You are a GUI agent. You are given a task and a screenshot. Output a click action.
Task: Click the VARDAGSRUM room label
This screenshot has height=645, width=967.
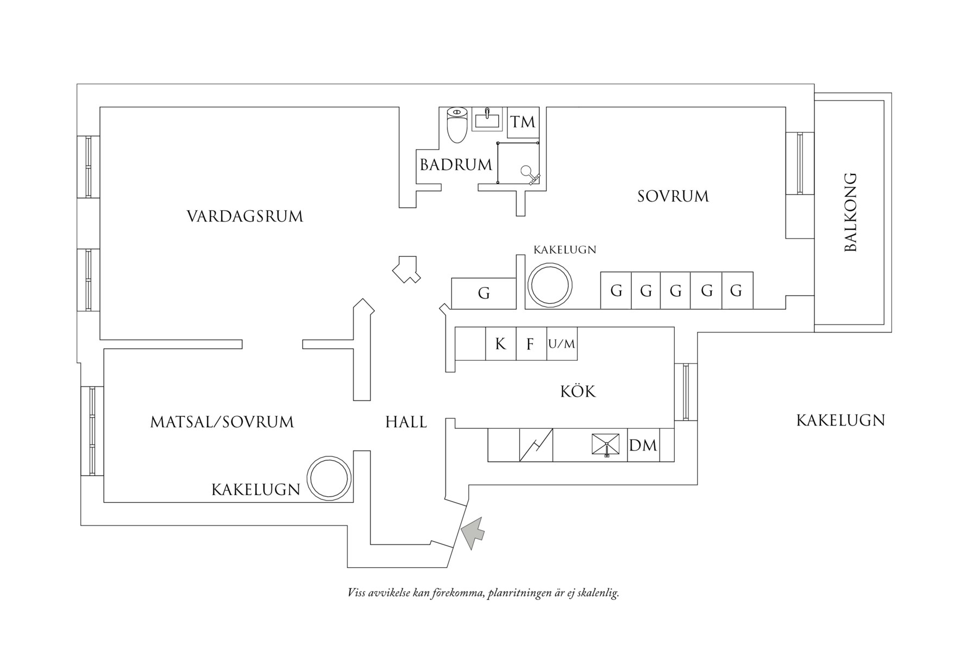244,216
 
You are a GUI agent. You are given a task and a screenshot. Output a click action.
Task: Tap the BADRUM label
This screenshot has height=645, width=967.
456,165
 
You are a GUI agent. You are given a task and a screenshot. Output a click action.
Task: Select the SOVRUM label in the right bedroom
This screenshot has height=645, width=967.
673,196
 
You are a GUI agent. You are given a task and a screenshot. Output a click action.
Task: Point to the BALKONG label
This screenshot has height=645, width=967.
851,212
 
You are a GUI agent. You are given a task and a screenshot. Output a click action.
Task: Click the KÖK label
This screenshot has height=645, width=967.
578,391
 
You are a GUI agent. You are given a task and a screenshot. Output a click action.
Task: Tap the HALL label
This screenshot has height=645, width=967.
406,422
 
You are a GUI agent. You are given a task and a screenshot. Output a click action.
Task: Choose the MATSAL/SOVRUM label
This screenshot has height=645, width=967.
222,422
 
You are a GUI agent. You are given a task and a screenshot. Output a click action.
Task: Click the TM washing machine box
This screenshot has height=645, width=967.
523,122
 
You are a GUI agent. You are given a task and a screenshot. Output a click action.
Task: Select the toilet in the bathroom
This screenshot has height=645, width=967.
457,124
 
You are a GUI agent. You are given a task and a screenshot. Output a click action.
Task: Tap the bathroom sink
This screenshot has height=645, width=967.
487,119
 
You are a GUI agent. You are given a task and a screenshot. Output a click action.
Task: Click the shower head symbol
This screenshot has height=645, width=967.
528,172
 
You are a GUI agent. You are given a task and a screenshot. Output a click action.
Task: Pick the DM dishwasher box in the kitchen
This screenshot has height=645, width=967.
643,446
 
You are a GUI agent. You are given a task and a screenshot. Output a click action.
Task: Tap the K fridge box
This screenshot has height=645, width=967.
500,344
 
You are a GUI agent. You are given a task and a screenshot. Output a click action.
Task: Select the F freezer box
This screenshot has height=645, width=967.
531,344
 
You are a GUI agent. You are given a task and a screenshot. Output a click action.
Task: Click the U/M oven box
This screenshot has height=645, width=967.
562,344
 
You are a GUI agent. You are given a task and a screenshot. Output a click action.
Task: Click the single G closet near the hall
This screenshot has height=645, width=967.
483,293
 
